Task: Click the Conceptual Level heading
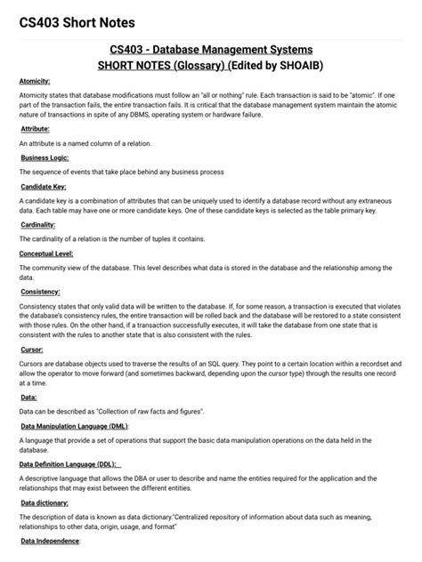tap(46, 253)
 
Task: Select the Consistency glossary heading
tap(40, 292)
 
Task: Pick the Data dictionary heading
tap(45, 502)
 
